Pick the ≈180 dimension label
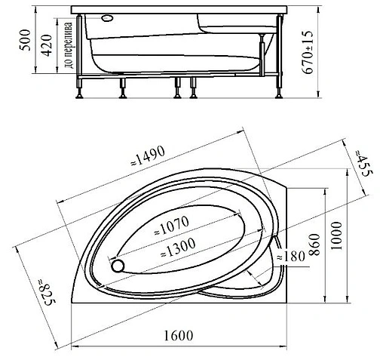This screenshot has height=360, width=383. [x=291, y=257]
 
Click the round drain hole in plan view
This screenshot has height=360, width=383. [x=117, y=265]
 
